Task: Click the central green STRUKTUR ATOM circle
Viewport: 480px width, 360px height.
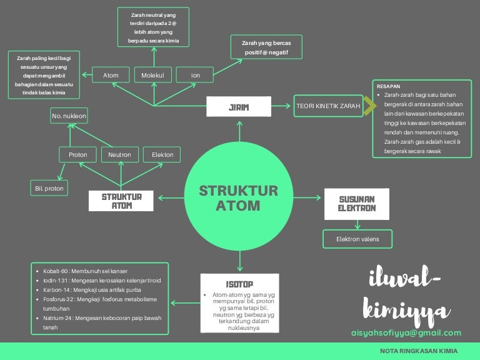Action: coord(238,197)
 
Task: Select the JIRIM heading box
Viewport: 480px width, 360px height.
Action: coord(239,107)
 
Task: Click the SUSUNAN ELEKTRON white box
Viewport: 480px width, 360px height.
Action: coord(357,203)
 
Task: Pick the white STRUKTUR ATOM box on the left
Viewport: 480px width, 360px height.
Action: coord(122,201)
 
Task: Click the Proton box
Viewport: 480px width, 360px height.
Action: coord(78,154)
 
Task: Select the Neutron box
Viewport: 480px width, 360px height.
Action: coord(119,154)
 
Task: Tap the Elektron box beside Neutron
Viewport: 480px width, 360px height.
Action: coord(162,154)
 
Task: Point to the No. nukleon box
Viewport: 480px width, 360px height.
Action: coord(69,116)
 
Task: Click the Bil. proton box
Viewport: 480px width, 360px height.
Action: coord(49,187)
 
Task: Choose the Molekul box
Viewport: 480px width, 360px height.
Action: coord(152,76)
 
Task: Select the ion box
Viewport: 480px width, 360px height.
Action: coord(196,76)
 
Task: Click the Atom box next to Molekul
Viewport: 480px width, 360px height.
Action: coord(111,76)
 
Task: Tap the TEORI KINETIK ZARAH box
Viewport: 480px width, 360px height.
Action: coord(327,106)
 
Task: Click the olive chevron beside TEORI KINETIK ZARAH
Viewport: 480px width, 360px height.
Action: coord(369,106)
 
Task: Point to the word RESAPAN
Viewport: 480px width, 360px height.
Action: coord(389,86)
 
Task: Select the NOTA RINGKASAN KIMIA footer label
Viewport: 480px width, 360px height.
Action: coord(416,351)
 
